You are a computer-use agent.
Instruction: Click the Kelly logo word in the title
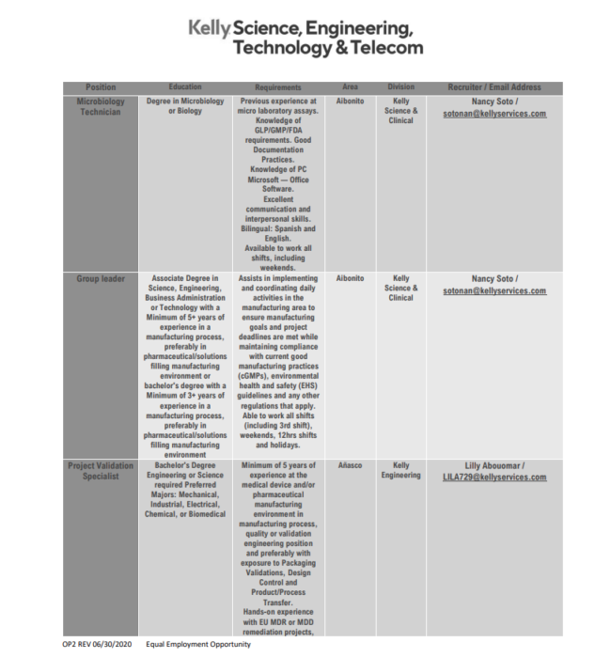[x=210, y=28]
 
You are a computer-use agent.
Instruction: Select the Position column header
[x=101, y=87]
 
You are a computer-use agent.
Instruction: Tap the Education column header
[x=185, y=87]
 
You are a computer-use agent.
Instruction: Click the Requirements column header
[x=277, y=87]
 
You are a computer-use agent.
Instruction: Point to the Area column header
[x=350, y=87]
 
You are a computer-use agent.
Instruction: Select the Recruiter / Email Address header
[x=494, y=87]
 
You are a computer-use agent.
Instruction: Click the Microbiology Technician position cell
[x=101, y=106]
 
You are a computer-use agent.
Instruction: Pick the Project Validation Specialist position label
[x=101, y=471]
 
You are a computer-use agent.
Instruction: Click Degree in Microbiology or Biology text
[x=185, y=106]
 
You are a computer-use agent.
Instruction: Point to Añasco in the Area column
[x=350, y=465]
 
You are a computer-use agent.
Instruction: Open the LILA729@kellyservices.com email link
[x=494, y=478]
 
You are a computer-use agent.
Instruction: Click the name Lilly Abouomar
[x=494, y=465]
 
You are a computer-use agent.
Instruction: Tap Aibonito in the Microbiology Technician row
[x=350, y=101]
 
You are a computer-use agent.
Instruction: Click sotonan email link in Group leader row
[x=494, y=291]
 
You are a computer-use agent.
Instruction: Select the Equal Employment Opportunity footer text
[x=205, y=645]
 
